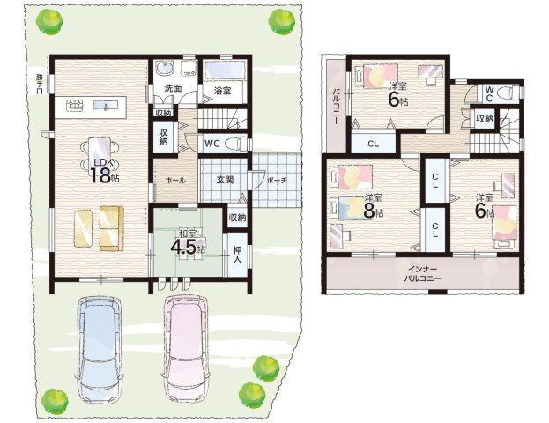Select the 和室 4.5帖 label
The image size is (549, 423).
tap(188, 242)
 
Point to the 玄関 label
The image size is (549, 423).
tap(225, 180)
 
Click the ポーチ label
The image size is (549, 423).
tap(277, 181)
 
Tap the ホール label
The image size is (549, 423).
tap(175, 181)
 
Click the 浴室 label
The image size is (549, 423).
tap(222, 91)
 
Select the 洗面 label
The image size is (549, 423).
tap(173, 88)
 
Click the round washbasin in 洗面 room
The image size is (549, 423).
tap(165, 68)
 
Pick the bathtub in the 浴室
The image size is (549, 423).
tap(224, 70)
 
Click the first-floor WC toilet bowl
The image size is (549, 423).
tap(235, 144)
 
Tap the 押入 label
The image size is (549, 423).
tap(237, 255)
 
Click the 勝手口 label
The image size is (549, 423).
tap(39, 84)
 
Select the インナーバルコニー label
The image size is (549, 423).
tap(422, 274)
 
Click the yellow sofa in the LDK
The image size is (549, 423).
tap(112, 228)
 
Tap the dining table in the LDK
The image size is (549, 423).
tap(100, 154)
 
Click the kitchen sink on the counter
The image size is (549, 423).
tap(105, 105)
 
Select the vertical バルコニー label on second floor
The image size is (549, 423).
tap(336, 106)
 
